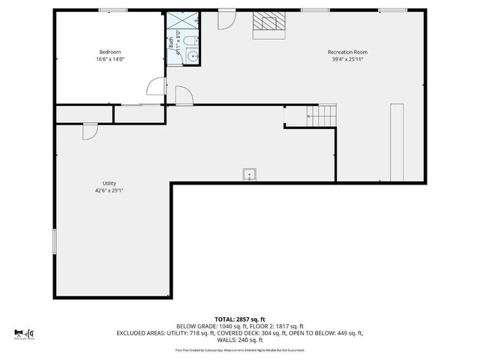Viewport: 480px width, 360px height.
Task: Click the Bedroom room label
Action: tap(109, 52)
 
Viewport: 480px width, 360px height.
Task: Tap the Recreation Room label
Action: tap(346, 52)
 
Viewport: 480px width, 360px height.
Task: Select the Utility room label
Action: tap(109, 183)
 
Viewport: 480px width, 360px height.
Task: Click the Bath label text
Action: tap(170, 43)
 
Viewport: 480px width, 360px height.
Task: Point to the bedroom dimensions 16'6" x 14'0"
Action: tap(109, 59)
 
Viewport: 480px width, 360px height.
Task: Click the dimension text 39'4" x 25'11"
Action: tap(346, 59)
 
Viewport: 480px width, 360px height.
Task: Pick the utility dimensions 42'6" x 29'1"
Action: tap(109, 190)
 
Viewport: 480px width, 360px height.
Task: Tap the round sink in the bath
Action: tap(192, 56)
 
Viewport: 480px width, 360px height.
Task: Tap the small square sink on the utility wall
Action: tap(249, 175)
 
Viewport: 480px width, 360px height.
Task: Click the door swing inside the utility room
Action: tap(90, 130)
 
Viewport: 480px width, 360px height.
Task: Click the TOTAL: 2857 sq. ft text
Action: tap(239, 319)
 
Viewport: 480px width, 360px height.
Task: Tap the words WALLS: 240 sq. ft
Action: tap(240, 340)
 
